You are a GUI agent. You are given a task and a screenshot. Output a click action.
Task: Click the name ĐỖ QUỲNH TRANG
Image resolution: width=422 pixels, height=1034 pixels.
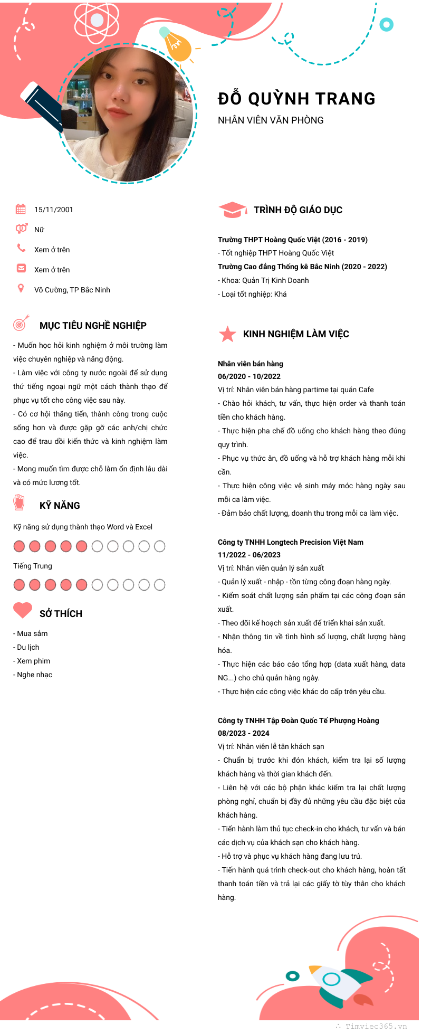tap(296, 99)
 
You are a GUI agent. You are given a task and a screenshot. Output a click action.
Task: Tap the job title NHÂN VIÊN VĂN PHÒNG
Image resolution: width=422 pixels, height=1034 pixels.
tap(271, 120)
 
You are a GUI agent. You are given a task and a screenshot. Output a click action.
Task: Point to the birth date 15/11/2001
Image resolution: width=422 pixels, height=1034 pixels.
tap(54, 210)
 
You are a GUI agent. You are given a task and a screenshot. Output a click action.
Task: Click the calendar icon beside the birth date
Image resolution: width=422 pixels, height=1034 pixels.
tap(21, 209)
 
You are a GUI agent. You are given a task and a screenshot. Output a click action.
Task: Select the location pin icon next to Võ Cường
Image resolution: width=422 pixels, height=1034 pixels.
tap(21, 288)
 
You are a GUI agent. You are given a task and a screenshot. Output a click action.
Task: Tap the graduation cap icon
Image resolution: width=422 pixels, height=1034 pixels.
tap(232, 210)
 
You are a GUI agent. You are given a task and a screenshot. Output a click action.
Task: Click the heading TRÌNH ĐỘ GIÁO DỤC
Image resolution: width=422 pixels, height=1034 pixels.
tap(298, 210)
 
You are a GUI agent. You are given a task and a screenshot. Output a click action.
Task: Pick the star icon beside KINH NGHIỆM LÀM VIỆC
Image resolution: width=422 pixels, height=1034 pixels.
tap(227, 334)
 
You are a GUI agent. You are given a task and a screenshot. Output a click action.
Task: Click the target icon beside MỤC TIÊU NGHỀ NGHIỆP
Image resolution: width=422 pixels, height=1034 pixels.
tap(21, 323)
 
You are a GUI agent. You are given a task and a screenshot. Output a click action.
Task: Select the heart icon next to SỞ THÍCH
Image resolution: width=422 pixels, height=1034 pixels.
tap(23, 610)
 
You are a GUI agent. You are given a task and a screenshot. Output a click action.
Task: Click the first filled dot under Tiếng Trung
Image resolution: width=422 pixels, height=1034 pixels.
tap(19, 585)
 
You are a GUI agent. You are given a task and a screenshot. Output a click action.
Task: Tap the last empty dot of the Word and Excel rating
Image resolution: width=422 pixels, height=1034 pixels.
tap(160, 546)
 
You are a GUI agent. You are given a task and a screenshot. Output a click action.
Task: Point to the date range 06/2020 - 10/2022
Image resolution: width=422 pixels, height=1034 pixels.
tap(249, 376)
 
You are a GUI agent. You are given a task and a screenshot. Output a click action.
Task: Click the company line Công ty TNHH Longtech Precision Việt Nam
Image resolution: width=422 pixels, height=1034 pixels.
tap(291, 542)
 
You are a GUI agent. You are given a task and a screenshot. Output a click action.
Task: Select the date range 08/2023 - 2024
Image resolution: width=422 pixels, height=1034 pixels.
tap(244, 733)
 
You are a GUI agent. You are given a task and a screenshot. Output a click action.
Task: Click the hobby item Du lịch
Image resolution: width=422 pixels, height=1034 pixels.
tap(28, 647)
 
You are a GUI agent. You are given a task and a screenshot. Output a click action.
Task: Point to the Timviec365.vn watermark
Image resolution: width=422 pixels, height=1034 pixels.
tap(376, 1026)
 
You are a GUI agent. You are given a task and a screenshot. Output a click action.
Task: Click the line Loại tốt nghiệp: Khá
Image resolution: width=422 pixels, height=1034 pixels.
tap(252, 294)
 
